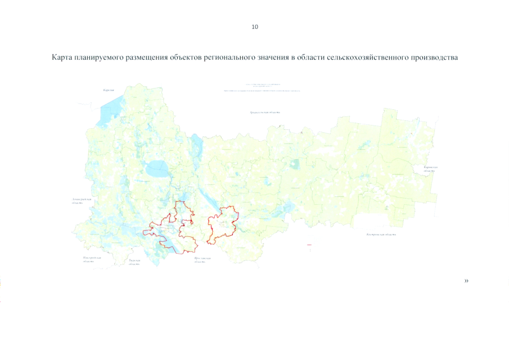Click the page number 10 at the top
click(255, 26)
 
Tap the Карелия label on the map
click(109, 90)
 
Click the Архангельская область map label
click(265, 112)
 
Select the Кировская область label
click(431, 170)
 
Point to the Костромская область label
click(381, 234)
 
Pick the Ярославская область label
click(202, 260)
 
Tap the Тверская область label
click(134, 262)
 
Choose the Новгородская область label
click(92, 259)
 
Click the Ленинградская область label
click(78, 201)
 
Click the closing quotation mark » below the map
click(466, 281)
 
